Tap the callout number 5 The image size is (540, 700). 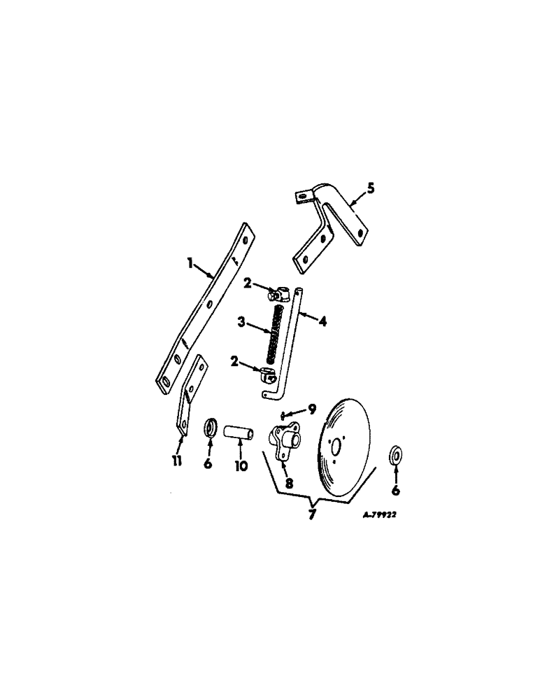coord(371,188)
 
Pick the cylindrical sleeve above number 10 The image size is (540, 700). coord(239,429)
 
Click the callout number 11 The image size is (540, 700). coord(178,460)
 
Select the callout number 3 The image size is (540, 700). coord(241,322)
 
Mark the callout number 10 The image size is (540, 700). coord(241,464)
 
